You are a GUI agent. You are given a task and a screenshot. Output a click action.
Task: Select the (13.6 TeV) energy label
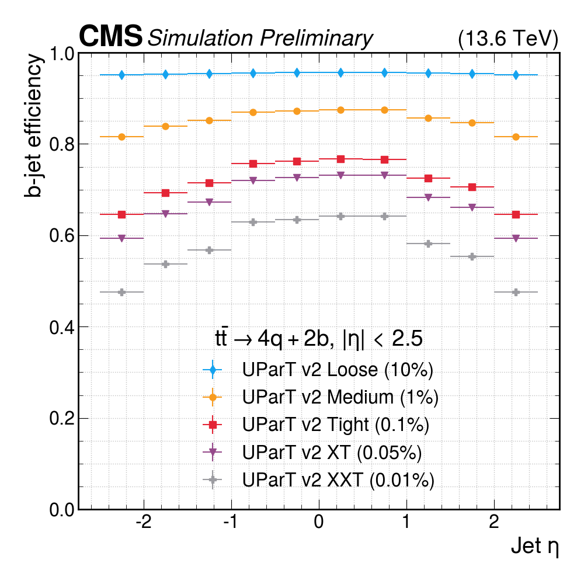tap(508, 39)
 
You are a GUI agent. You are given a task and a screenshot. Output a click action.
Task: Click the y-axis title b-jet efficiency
tap(34, 126)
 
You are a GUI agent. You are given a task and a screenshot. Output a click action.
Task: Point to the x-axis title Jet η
tap(535, 547)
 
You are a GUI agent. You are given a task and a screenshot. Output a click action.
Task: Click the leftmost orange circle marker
tap(121, 137)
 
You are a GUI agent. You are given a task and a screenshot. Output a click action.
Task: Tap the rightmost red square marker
tap(516, 215)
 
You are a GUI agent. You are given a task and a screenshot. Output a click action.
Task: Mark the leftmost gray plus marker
tap(121, 292)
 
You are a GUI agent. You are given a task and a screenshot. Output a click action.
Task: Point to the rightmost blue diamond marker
tap(516, 75)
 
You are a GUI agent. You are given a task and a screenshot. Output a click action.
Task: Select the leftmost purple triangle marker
tap(121, 238)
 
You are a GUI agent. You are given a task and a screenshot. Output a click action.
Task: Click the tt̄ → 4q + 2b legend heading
tap(318, 339)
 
